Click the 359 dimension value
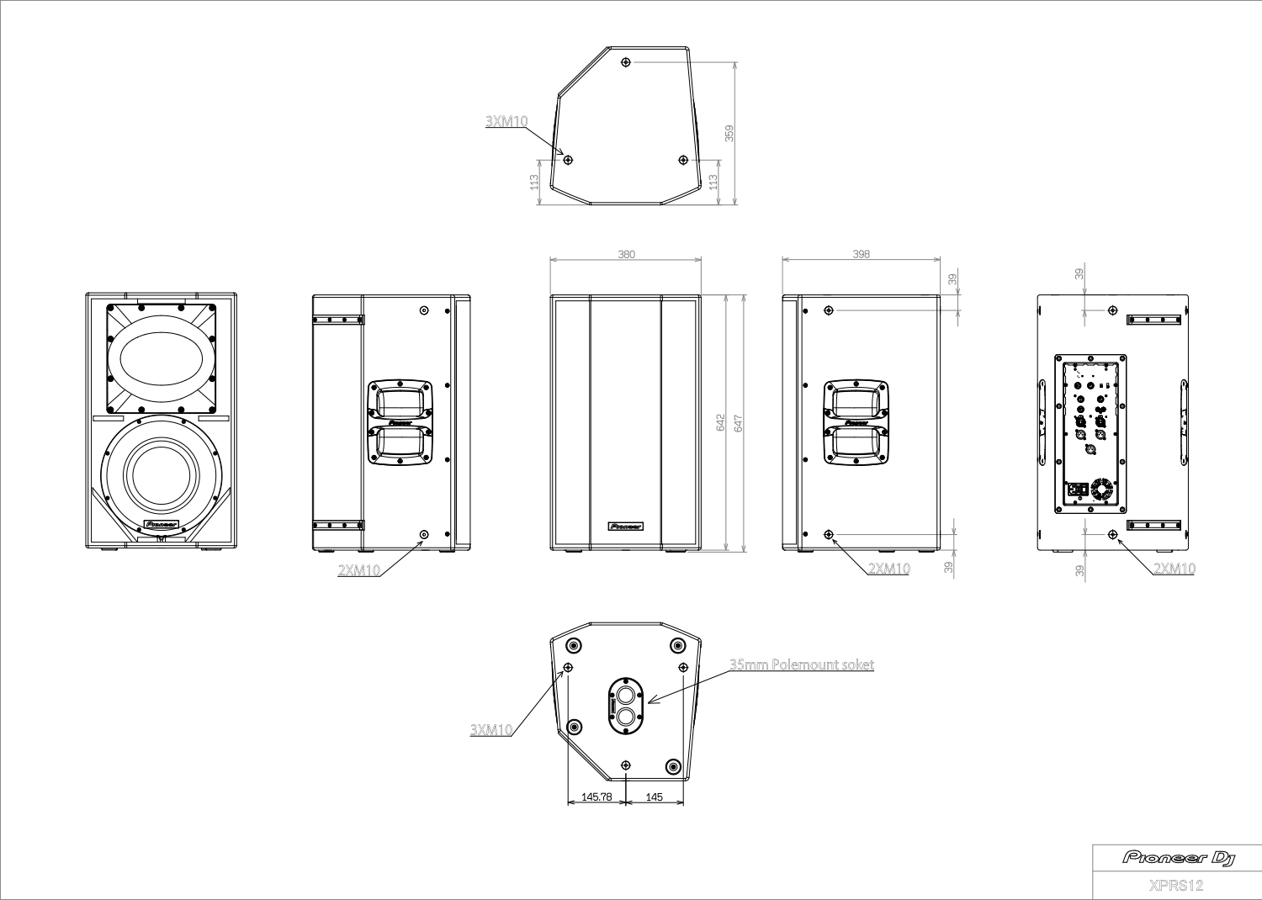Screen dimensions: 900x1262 pos(729,133)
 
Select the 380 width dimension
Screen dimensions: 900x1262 pos(627,254)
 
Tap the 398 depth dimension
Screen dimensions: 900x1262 pos(861,254)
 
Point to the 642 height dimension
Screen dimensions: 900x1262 pos(721,423)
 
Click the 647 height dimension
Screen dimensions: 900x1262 pos(739,423)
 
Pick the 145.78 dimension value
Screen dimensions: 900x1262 pos(597,797)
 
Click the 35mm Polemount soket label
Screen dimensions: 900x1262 pos(801,664)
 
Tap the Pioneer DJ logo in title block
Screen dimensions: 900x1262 pos(1179,857)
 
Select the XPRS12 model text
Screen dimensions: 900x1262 pos(1176,885)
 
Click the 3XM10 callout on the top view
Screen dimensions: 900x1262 pos(506,121)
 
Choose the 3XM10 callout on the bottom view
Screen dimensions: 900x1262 pos(491,729)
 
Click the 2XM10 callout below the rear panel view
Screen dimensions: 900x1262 pos(1174,569)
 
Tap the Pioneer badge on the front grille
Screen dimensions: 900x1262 pos(625,527)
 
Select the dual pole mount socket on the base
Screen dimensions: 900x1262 pos(625,705)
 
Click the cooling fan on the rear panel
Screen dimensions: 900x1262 pos(1101,490)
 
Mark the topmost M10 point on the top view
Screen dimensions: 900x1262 pos(625,62)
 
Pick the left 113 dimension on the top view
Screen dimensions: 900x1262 pos(534,182)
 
